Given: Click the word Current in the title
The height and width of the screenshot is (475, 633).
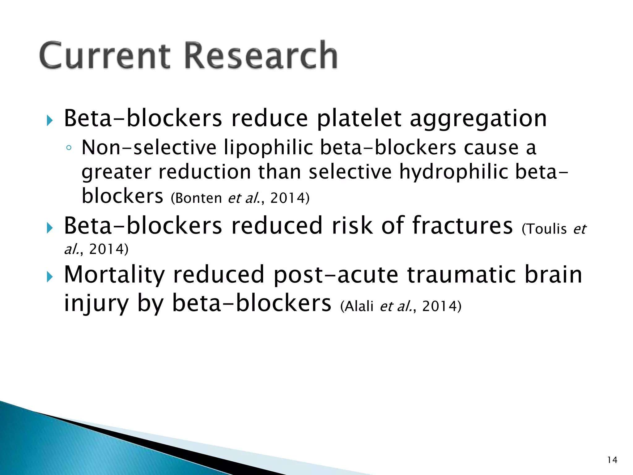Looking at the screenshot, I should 104,56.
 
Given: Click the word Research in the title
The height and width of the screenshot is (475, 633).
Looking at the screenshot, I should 261,56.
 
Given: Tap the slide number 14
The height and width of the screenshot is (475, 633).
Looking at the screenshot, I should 612,460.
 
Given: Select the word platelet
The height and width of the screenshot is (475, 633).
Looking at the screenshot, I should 359,119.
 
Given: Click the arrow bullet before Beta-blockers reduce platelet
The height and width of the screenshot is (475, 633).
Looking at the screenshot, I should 50,121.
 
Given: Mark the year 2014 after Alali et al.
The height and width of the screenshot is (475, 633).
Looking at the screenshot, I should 439,306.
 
